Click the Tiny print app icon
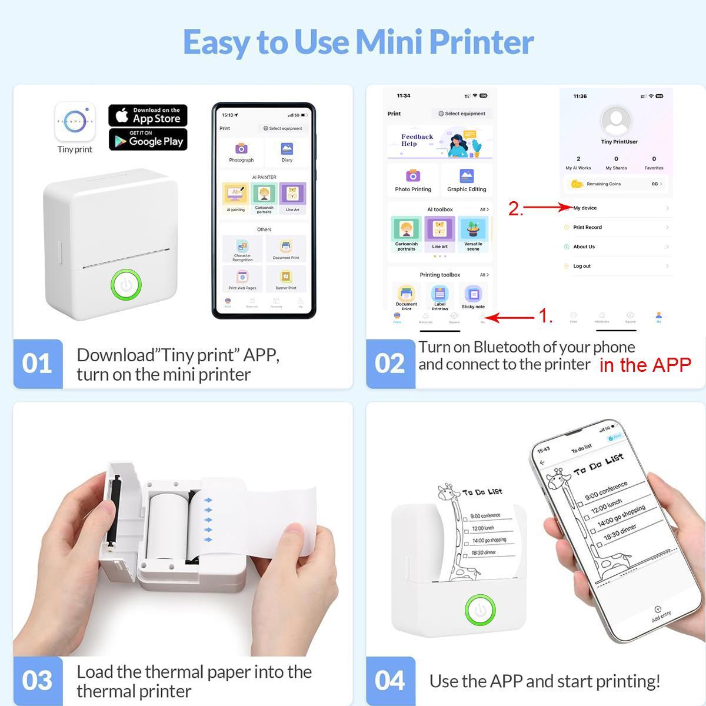point(75,122)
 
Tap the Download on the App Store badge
point(148,115)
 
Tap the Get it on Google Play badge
point(148,140)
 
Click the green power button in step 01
point(126,285)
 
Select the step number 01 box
point(38,364)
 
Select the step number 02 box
point(390,364)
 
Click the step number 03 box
point(38,681)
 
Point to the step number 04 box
point(390,681)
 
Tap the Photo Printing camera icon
point(413,176)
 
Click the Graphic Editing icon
point(467,176)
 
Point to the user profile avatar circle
point(616,121)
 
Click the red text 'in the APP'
point(645,365)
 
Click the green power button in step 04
point(481,610)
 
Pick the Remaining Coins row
point(616,184)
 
